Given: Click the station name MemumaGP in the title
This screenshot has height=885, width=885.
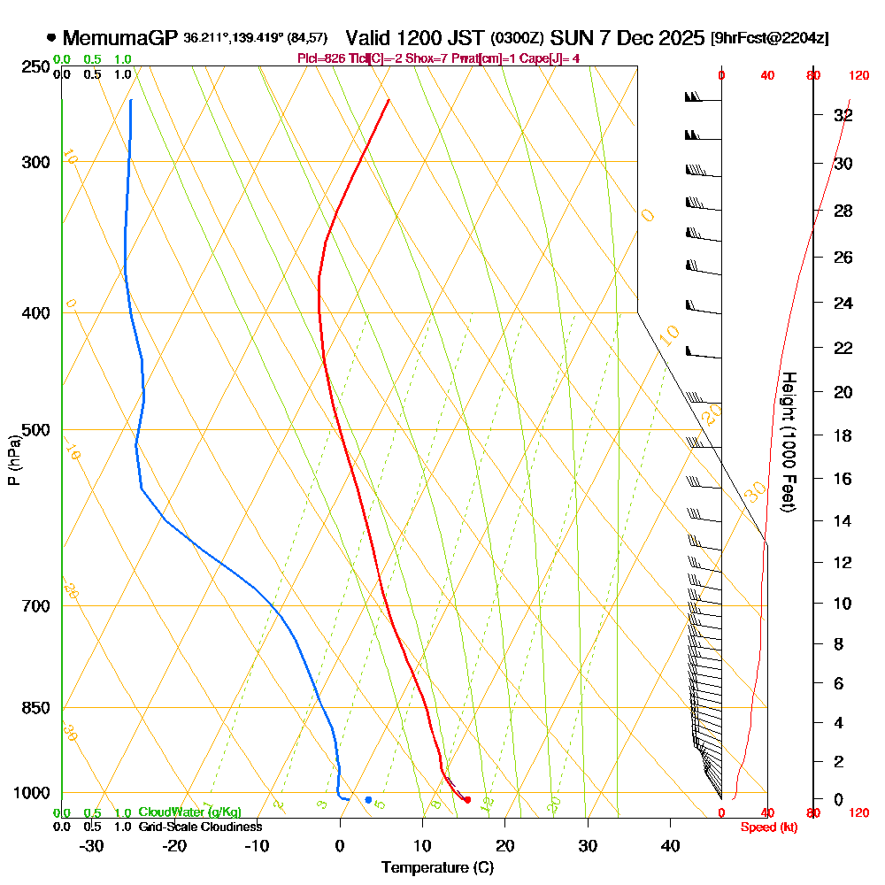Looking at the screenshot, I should click(x=120, y=38).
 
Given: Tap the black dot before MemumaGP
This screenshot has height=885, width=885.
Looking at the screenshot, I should click(x=51, y=38).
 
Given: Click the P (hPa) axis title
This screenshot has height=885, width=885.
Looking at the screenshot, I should click(x=13, y=460).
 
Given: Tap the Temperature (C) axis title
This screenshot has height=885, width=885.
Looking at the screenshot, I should click(x=437, y=867).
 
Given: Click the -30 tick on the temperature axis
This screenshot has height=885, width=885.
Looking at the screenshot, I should click(x=91, y=846).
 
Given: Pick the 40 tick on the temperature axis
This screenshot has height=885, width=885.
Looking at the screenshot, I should click(x=670, y=846).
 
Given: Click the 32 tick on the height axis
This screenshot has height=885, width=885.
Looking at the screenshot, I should click(x=843, y=115).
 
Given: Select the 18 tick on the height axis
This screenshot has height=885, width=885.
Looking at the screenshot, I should click(x=843, y=435).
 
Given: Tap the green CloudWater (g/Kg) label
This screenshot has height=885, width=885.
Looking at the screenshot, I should click(x=189, y=812).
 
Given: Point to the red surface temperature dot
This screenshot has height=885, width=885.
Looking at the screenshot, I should click(x=467, y=800).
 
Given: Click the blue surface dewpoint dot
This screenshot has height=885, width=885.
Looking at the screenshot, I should click(x=368, y=800).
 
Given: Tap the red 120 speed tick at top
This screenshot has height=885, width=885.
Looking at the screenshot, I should click(x=858, y=76).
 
